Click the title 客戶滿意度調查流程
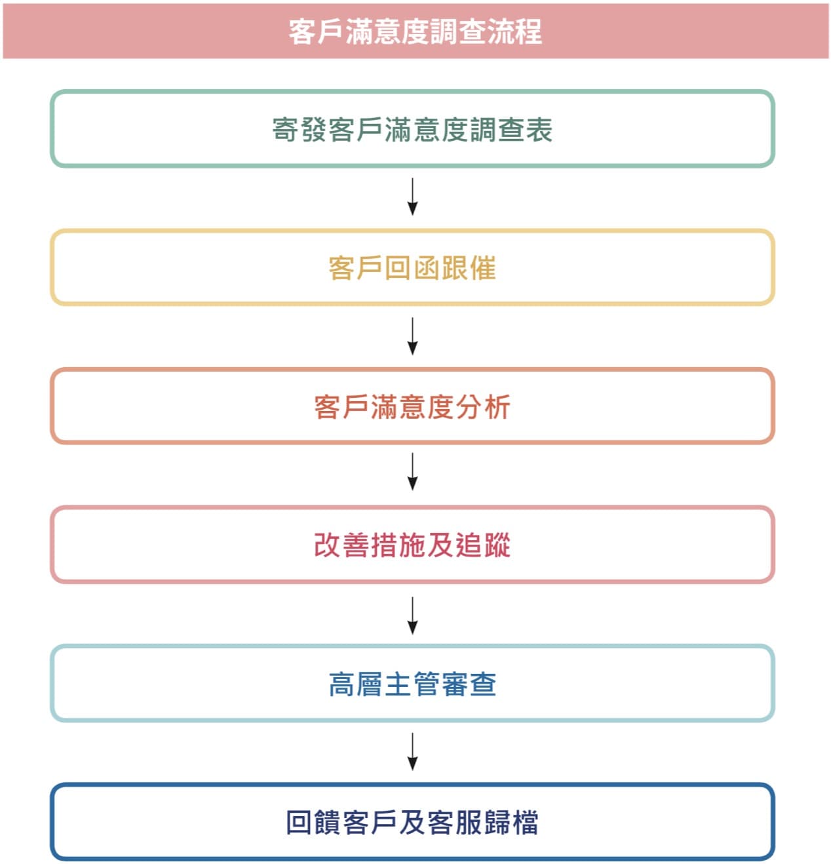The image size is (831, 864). [x=415, y=31]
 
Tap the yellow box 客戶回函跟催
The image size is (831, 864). [x=412, y=230]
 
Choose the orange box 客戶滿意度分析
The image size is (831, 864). [x=412, y=369]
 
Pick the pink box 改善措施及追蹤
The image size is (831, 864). [x=412, y=507]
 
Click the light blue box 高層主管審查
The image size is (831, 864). [x=412, y=646]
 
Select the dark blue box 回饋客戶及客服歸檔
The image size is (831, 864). [x=412, y=785]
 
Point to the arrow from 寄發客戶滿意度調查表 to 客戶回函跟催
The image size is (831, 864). [x=412, y=197]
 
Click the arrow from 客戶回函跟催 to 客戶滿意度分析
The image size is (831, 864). [x=412, y=336]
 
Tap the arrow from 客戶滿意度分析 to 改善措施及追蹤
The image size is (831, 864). [x=412, y=471]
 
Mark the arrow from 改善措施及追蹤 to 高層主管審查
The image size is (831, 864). [x=412, y=616]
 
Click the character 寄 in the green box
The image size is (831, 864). [x=284, y=130]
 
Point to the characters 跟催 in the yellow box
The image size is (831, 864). [x=469, y=268]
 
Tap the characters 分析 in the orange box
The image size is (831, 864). [x=483, y=406]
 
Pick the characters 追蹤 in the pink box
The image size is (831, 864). [x=483, y=545]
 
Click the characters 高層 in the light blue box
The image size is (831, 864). [x=356, y=684]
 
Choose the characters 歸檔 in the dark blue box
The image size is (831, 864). [x=511, y=823]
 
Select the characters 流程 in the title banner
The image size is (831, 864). [x=514, y=31]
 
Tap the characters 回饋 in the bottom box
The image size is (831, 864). [x=313, y=823]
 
